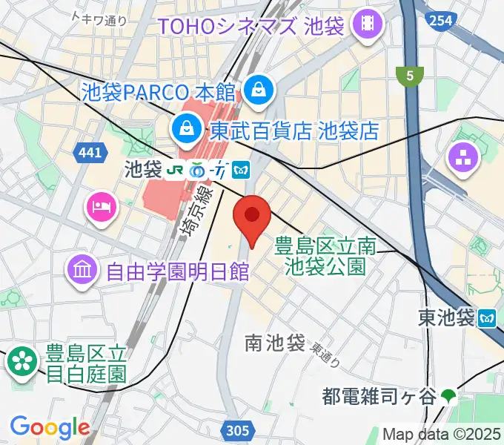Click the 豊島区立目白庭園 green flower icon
22,362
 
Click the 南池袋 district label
275,343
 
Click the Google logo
50,427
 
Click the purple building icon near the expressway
463,157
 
